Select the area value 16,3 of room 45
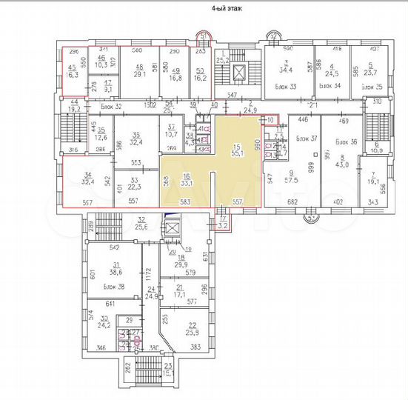tap(73, 75)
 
